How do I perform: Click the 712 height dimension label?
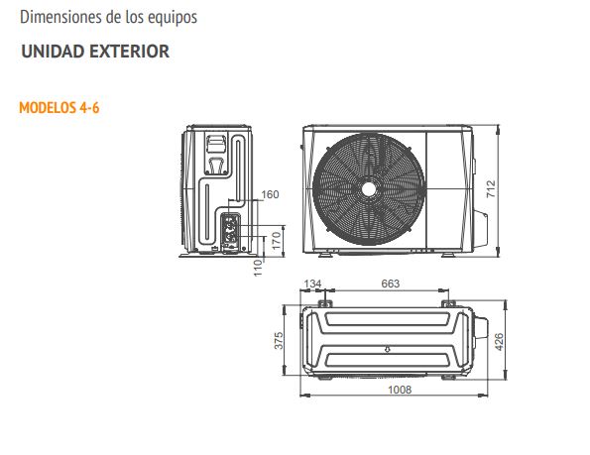tap(491, 189)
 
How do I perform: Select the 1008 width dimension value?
tap(400, 390)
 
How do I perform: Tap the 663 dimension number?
tap(391, 284)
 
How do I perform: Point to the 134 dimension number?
tap(312, 284)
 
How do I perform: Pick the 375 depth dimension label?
tap(279, 340)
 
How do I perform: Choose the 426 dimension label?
tap(499, 342)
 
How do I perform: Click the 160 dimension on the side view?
tap(270, 194)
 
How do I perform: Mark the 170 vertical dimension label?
tap(277, 241)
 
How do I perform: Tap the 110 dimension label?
tap(258, 268)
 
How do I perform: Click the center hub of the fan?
tap(369, 189)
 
